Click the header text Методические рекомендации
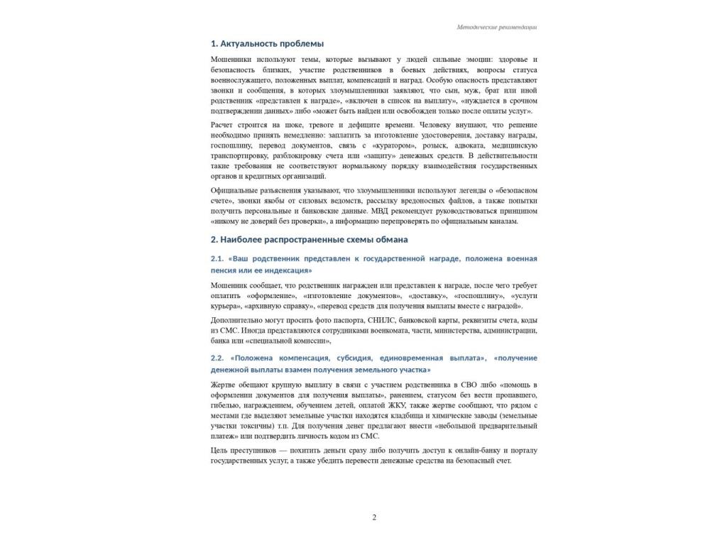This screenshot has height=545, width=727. coord(497,28)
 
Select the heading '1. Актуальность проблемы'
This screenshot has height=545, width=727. coord(267,44)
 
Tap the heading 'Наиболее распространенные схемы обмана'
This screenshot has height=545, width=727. coord(314,239)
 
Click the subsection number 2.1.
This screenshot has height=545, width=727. coord(217,259)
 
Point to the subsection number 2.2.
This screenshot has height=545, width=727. coord(217,358)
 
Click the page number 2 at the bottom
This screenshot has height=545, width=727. coord(374,517)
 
